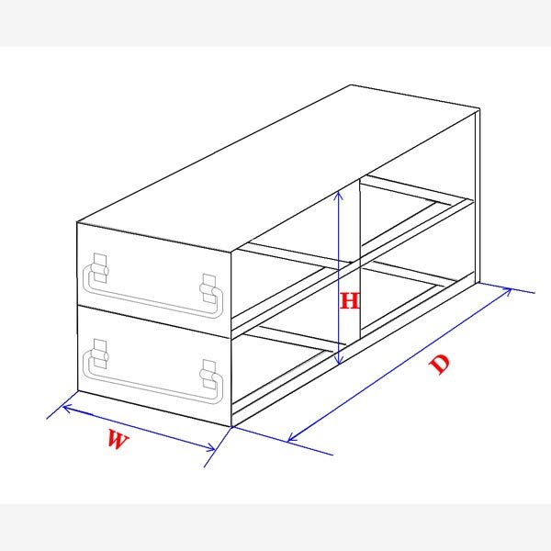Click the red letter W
click(x=116, y=440)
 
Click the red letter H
click(x=350, y=301)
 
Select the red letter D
click(x=442, y=363)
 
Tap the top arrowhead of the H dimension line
click(x=340, y=194)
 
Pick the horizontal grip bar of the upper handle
click(x=152, y=295)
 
